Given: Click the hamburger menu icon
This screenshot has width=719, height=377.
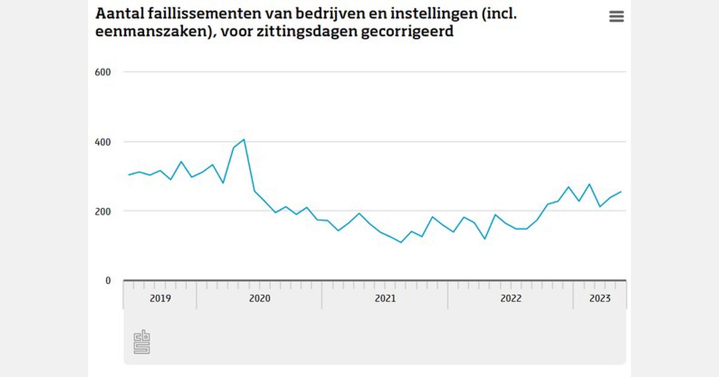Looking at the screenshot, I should [617, 17].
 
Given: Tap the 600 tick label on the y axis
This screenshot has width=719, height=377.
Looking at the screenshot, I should [104, 72].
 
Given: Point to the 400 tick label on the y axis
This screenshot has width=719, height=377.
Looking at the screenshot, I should [104, 142].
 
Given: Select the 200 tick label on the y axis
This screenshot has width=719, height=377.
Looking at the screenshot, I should [104, 211].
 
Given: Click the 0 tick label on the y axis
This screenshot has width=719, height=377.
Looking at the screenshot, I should [108, 280].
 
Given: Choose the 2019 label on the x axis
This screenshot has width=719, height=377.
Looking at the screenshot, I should [160, 299].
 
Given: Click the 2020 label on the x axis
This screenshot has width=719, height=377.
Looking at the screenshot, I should [259, 299].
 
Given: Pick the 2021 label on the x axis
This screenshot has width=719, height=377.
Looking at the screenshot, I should [385, 299].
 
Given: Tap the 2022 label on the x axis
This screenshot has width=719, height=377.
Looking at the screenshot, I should [510, 299].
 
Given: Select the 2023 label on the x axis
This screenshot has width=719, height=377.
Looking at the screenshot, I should [600, 299].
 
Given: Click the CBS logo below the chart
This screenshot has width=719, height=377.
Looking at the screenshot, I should [141, 342].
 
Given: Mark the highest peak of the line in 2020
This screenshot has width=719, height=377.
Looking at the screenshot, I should [244, 139].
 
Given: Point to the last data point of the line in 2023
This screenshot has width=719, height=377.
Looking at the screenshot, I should [621, 191].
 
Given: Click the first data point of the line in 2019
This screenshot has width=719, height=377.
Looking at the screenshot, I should [129, 175].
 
